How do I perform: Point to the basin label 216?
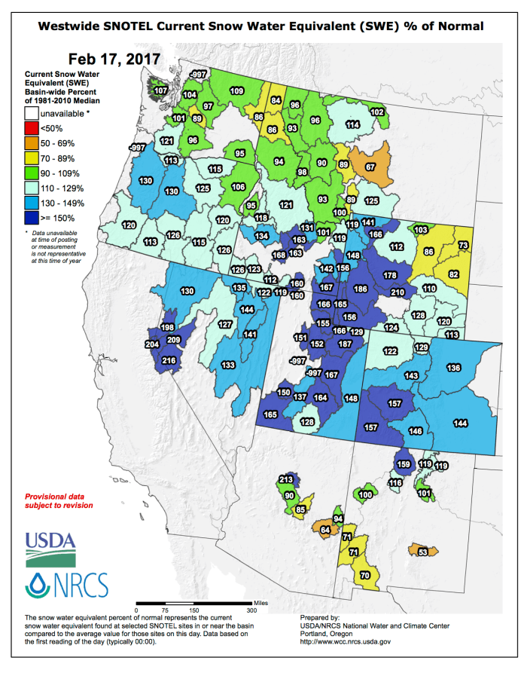click(x=169, y=362)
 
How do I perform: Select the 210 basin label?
click(x=398, y=292)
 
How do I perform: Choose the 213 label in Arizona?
click(x=285, y=479)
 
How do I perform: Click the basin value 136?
click(x=453, y=368)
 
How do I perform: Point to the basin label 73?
click(x=463, y=246)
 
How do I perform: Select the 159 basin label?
click(x=403, y=464)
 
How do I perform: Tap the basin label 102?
click(x=378, y=112)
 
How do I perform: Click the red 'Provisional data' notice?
click(x=59, y=501)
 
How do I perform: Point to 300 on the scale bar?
click(x=251, y=610)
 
